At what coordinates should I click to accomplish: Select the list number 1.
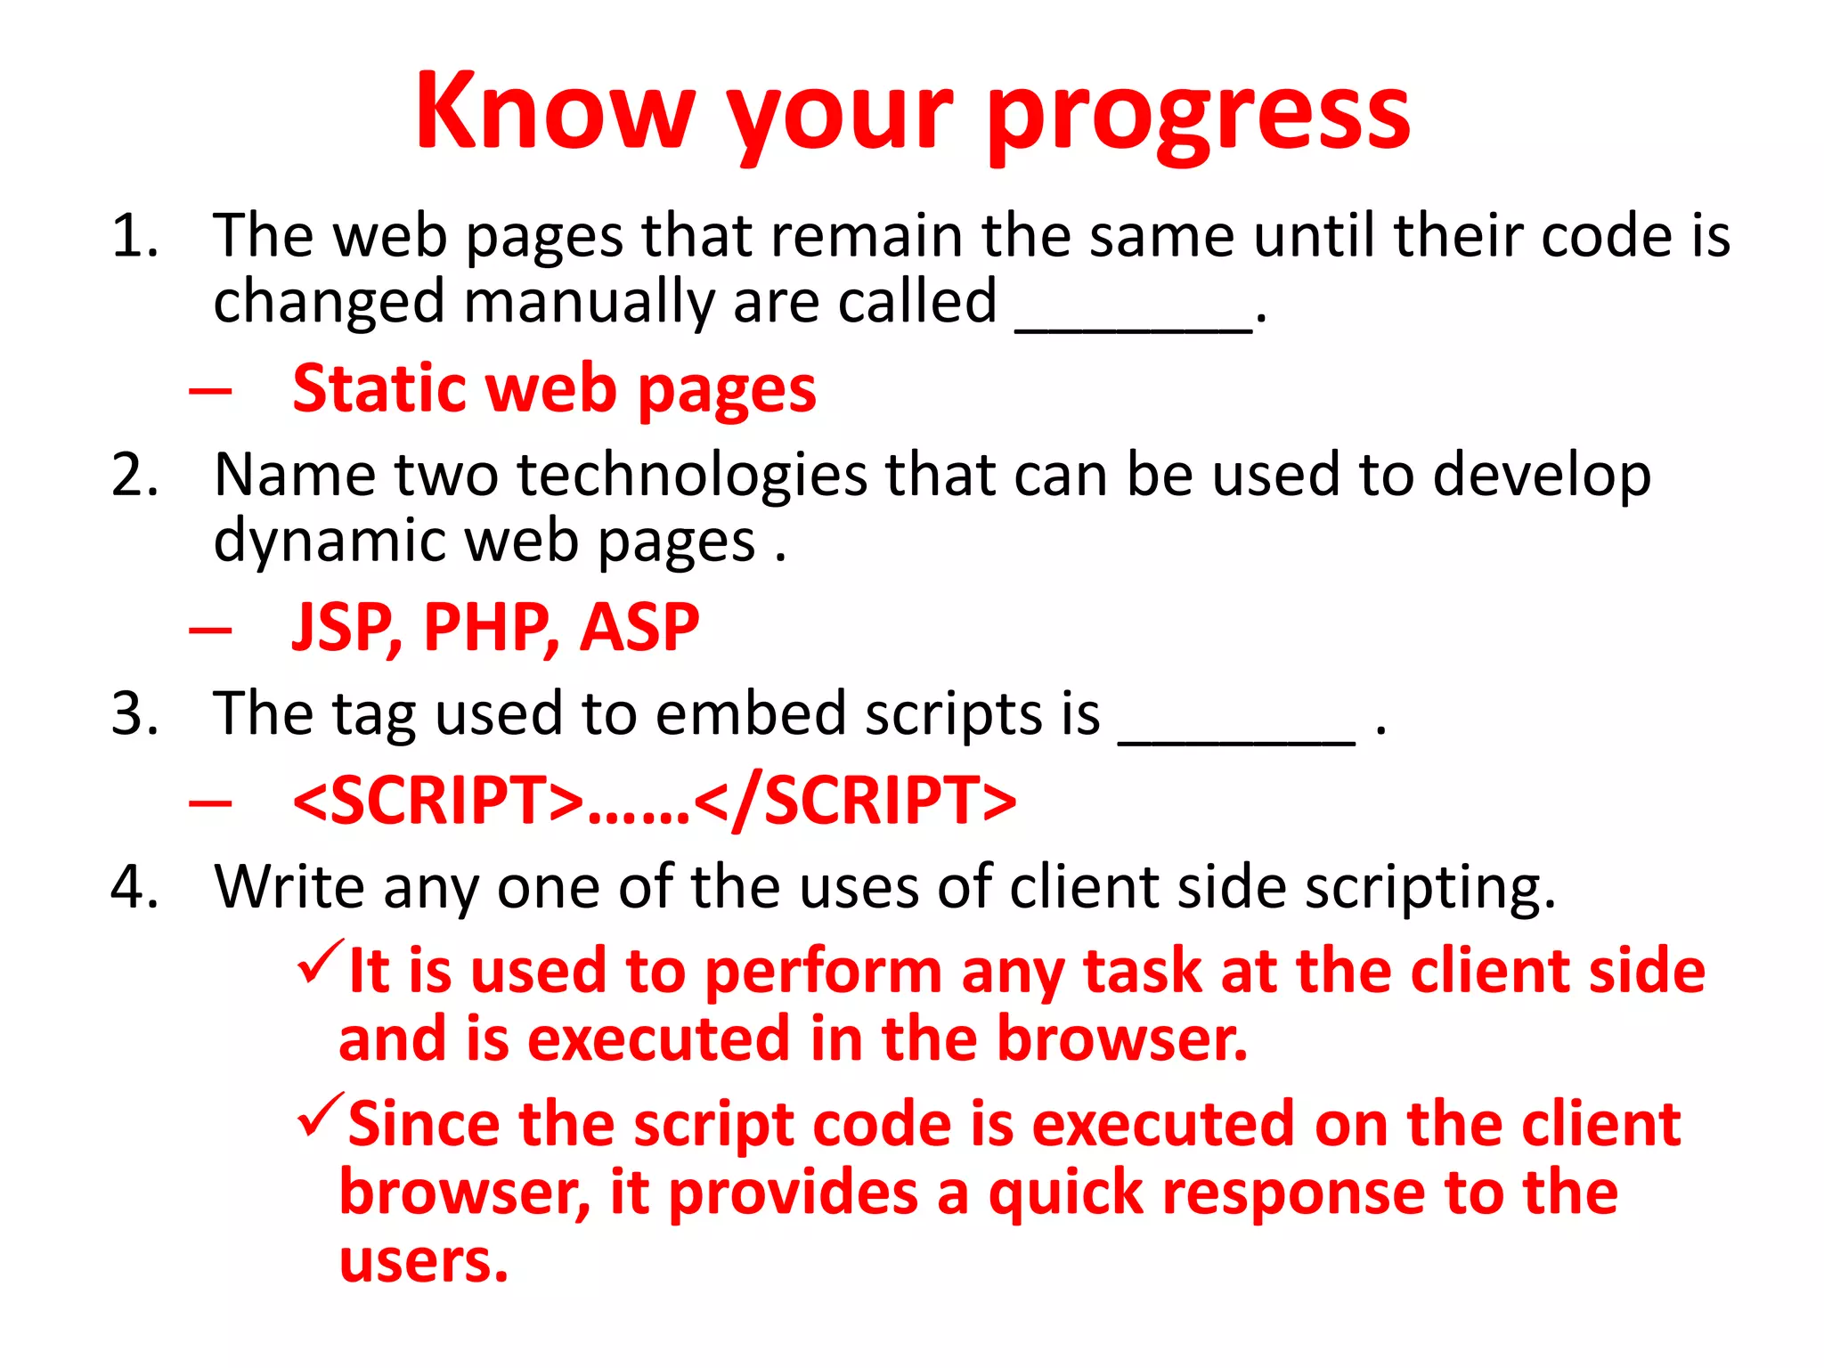pos(134,238)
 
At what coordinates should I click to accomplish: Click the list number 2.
pos(134,476)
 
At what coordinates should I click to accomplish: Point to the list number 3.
pos(134,714)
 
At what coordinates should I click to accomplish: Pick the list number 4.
pos(134,888)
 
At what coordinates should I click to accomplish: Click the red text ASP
pos(639,629)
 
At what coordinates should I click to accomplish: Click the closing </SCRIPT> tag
pos(855,801)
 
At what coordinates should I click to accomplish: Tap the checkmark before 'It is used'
pos(320,962)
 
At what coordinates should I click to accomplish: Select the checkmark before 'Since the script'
pos(320,1115)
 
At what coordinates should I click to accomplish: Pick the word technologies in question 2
pos(691,476)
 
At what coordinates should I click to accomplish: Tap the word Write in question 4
pos(289,888)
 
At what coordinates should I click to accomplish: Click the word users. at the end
pos(424,1261)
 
